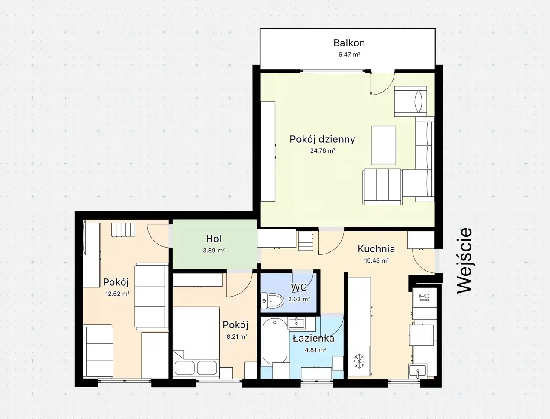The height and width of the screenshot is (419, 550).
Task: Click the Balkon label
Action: tap(349, 43)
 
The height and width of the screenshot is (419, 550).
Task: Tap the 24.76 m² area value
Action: tap(323, 150)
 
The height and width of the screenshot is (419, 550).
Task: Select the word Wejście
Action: tap(464, 260)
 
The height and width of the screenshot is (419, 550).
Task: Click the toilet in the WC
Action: tap(272, 300)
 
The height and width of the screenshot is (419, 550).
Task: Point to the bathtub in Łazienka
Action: tap(275, 340)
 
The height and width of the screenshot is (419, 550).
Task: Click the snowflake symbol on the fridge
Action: tap(359, 361)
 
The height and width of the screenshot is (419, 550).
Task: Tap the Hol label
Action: tap(214, 239)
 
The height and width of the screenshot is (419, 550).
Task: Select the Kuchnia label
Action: tap(376, 249)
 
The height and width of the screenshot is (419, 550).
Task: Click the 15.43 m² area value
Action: tap(376, 260)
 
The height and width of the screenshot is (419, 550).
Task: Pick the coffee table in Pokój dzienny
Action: tap(384, 145)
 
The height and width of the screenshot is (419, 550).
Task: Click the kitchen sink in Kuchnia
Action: tap(417, 372)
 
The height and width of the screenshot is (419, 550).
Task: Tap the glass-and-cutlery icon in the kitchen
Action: tap(424, 297)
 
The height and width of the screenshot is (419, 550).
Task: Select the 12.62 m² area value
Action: tap(117, 294)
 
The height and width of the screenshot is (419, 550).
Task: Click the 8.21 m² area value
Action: tap(237, 336)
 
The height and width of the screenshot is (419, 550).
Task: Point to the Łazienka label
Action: tap(314, 339)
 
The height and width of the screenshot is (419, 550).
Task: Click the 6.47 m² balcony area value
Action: tap(349, 55)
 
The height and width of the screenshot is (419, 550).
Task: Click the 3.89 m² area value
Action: tap(214, 251)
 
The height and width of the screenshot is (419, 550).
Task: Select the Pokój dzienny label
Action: tap(323, 139)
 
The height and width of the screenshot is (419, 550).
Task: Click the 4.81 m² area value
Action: tap(315, 350)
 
